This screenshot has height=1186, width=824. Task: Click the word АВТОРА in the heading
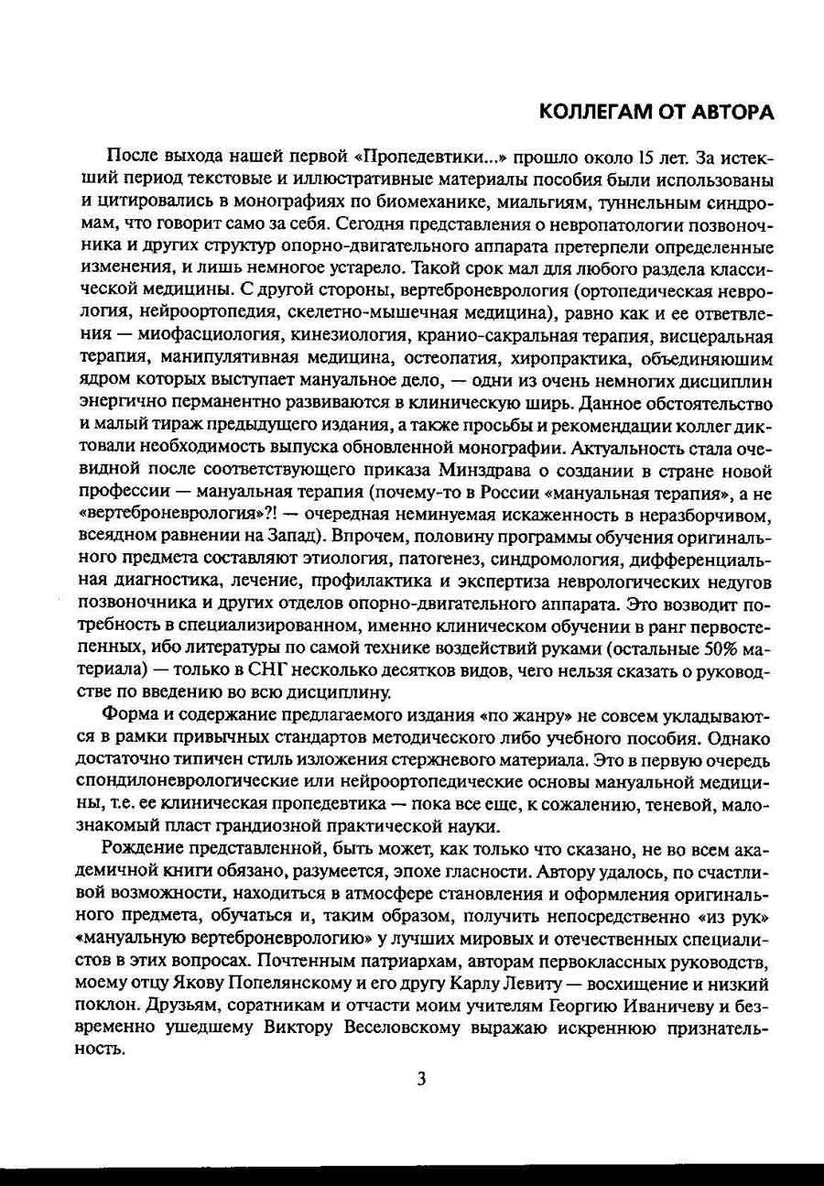point(727,112)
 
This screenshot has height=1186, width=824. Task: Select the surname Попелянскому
point(267,982)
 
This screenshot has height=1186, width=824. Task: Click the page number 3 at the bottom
point(421,1079)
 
